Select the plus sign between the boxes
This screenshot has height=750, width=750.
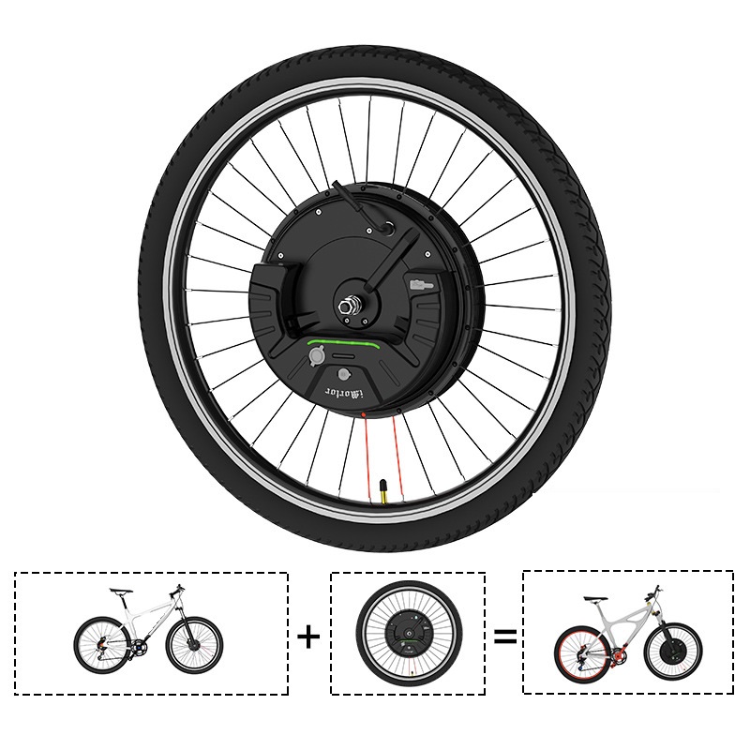(308, 637)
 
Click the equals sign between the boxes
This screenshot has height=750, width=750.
(505, 637)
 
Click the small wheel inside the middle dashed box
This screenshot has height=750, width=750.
(409, 635)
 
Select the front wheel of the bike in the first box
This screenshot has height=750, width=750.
(194, 643)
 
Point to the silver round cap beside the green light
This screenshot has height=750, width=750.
(318, 358)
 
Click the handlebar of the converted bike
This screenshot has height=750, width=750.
(654, 590)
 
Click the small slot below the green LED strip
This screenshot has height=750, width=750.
(347, 357)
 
